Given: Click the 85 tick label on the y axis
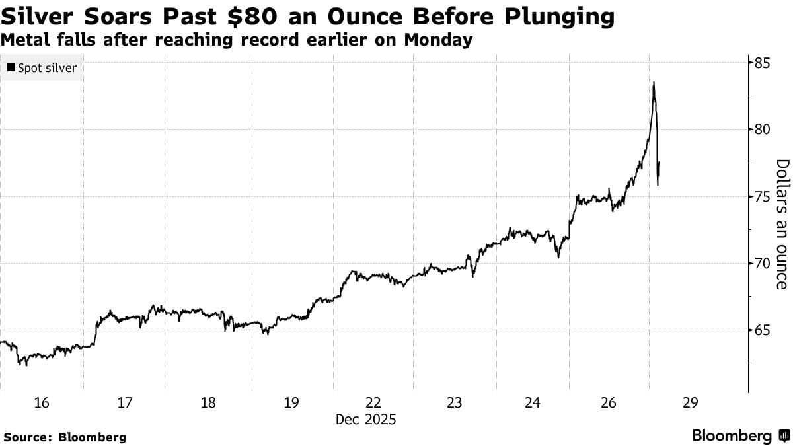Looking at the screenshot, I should click(x=762, y=64).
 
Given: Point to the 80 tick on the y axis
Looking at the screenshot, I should click(x=762, y=130).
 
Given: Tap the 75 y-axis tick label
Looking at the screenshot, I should click(x=762, y=197).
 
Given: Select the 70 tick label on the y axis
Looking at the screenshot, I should click(x=762, y=264).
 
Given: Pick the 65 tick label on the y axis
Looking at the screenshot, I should click(x=762, y=330).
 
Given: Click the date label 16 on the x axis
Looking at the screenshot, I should click(x=41, y=403).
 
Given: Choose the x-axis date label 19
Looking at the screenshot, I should click(x=291, y=403).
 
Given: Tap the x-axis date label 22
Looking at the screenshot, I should click(x=373, y=403).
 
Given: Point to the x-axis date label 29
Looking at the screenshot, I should click(x=690, y=403).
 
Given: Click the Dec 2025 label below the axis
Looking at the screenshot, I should click(x=365, y=419).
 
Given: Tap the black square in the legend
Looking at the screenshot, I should click(x=11, y=68).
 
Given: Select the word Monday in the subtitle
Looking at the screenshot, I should click(x=443, y=40).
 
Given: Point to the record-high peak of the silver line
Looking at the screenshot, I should click(x=654, y=83).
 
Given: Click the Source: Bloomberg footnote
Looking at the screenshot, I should click(x=65, y=437).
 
